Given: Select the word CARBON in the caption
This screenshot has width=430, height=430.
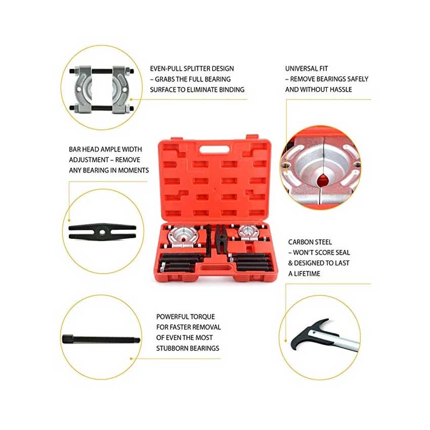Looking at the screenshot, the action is (300, 242).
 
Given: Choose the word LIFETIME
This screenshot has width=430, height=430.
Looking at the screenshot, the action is (307, 274).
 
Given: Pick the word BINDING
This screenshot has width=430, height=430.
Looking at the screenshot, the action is (232, 90).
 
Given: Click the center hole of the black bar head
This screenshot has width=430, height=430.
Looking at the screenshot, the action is (102, 232).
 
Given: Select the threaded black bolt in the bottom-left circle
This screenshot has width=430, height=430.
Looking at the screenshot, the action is (101, 340).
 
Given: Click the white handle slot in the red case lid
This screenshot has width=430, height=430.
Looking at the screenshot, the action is (214, 149).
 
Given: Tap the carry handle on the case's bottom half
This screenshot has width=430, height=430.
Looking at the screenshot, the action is (214, 268).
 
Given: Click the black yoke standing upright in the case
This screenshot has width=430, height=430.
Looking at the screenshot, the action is (220, 239).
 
